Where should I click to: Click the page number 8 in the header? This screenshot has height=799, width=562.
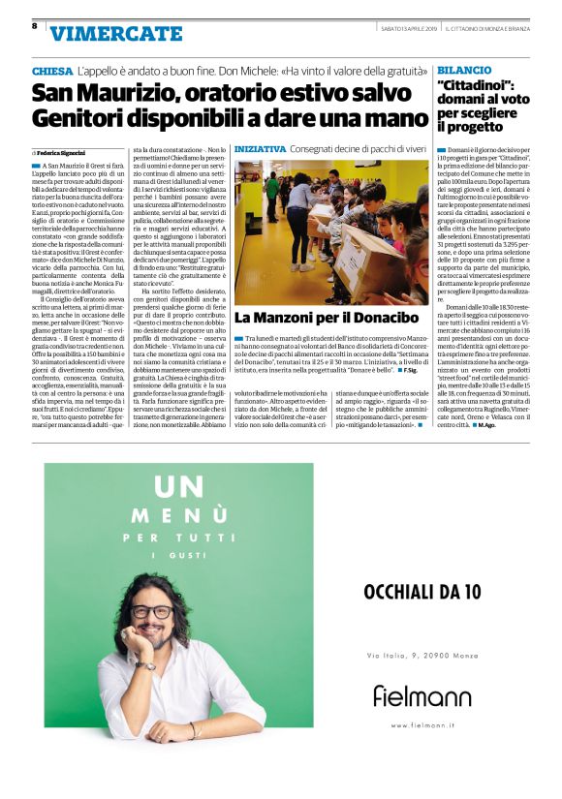pyautogui.click(x=35, y=25)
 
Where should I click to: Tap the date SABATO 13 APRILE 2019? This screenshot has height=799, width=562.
pyautogui.click(x=408, y=26)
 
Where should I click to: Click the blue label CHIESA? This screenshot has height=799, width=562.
pyautogui.click(x=51, y=73)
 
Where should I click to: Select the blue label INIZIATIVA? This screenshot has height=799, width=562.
pyautogui.click(x=261, y=150)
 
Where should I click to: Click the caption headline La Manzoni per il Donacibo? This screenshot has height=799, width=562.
pyautogui.click(x=326, y=318)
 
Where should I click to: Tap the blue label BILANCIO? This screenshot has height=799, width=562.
pyautogui.click(x=464, y=72)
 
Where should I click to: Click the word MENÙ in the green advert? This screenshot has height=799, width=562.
pyautogui.click(x=178, y=514)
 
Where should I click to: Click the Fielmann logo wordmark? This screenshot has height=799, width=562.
pyautogui.click(x=422, y=695)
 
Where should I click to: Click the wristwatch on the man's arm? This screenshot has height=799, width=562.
pyautogui.click(x=146, y=665)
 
